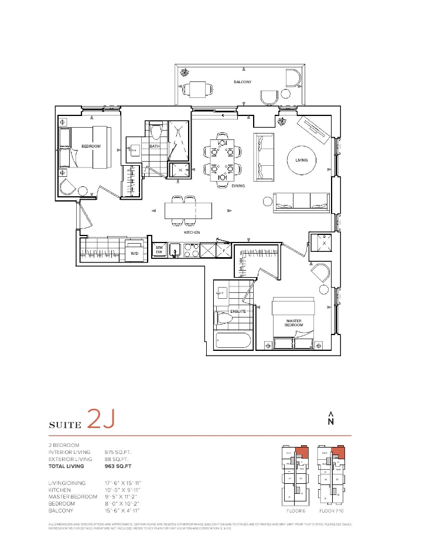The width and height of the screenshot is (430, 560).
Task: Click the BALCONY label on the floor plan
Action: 241,83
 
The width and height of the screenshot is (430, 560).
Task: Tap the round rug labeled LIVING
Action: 301,159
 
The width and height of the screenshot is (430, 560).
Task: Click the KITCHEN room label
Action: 192,233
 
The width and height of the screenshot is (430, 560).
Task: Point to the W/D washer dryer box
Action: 134,252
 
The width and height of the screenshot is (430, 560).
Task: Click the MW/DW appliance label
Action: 158,250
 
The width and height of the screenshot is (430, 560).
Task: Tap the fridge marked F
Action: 224,250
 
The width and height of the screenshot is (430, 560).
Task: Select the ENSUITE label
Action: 238,311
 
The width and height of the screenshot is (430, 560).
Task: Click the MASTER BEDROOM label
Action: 294,323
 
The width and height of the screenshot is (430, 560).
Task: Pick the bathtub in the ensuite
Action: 233,342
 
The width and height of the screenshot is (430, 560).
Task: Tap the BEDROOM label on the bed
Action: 91,146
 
